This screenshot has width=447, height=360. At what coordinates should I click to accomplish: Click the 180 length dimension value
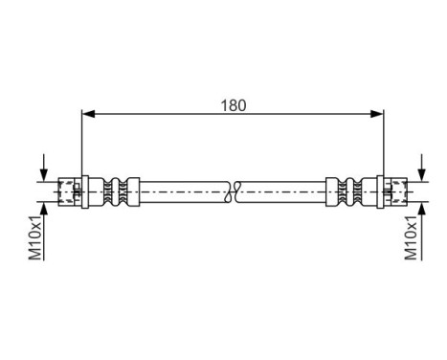232,105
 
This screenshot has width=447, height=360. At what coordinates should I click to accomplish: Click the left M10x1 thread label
34,237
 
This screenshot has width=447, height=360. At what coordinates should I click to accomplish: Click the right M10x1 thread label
413,237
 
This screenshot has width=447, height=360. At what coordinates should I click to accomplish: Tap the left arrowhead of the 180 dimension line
89,115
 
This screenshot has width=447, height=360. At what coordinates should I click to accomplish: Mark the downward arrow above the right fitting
421,171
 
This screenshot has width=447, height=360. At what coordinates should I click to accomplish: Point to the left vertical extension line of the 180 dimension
83,144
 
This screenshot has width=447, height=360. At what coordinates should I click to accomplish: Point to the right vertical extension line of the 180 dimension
383,144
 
